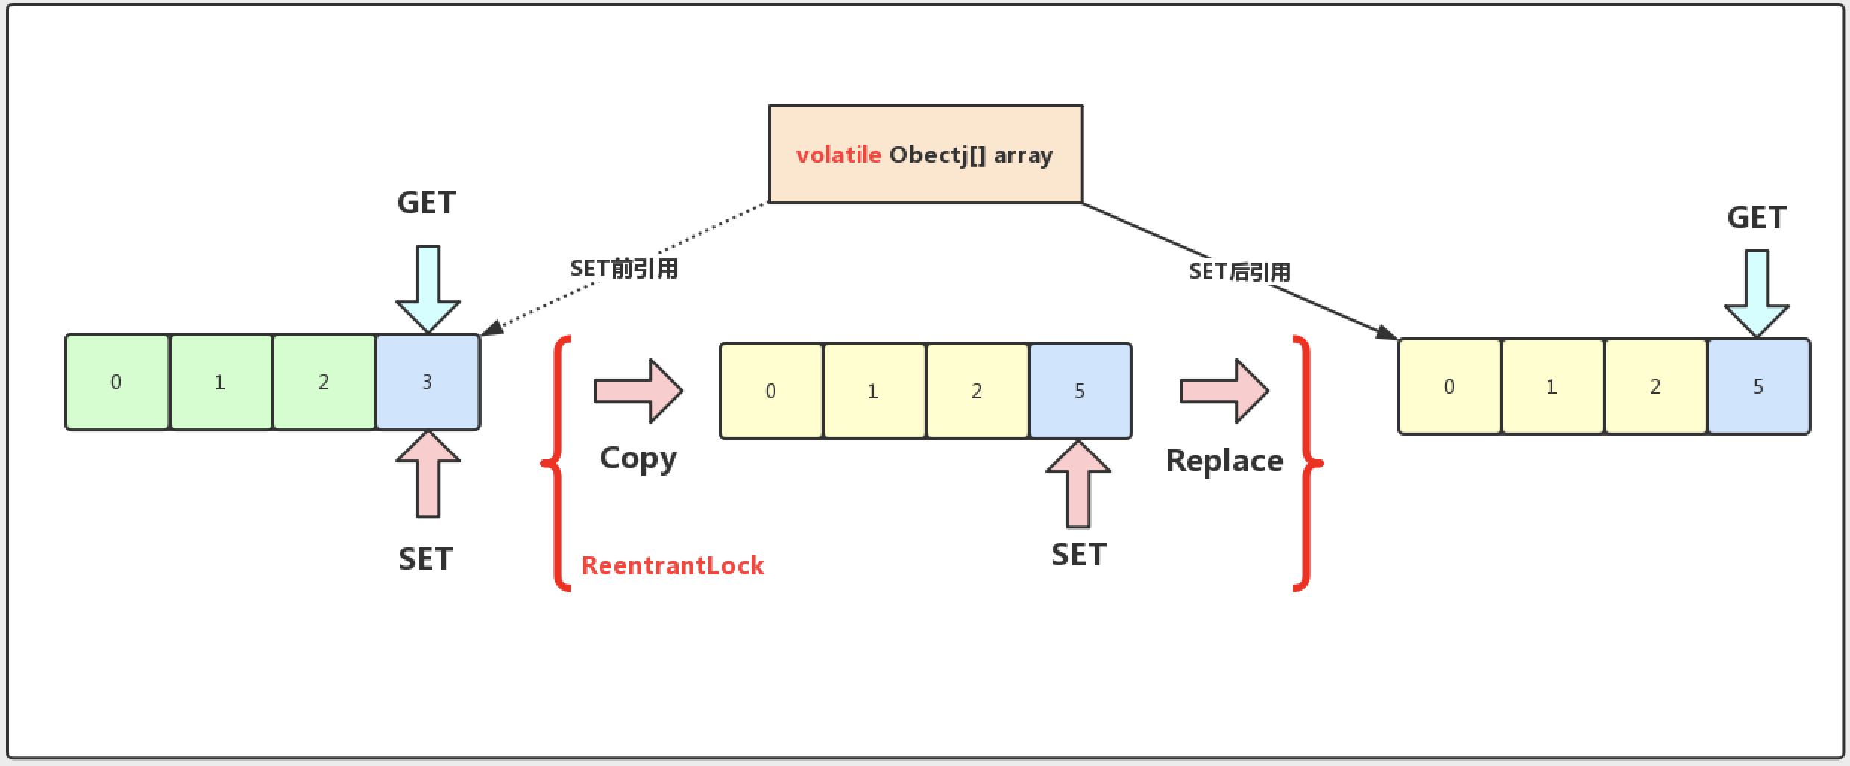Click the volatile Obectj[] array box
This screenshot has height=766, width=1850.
(x=925, y=154)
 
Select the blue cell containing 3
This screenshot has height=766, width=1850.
(x=427, y=382)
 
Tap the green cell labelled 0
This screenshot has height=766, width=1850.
(x=117, y=382)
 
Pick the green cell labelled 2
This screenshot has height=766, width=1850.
(x=324, y=382)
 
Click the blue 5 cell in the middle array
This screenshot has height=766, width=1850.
(x=1080, y=391)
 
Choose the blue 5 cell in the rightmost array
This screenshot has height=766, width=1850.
(x=1758, y=386)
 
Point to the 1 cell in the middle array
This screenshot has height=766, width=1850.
(x=874, y=391)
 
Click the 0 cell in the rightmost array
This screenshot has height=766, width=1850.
(x=1449, y=386)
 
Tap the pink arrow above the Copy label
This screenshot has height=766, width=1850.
(x=638, y=391)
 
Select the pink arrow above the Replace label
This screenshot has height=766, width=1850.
(x=1224, y=391)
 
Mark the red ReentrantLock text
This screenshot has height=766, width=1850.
(x=673, y=565)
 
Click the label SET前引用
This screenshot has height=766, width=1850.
(x=624, y=269)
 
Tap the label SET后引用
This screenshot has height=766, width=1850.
(x=1239, y=271)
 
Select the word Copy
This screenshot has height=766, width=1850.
(x=638, y=459)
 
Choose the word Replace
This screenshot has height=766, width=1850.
(x=1224, y=461)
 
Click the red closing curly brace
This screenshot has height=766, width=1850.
(x=1305, y=463)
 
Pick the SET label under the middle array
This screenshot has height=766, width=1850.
(x=1078, y=555)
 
